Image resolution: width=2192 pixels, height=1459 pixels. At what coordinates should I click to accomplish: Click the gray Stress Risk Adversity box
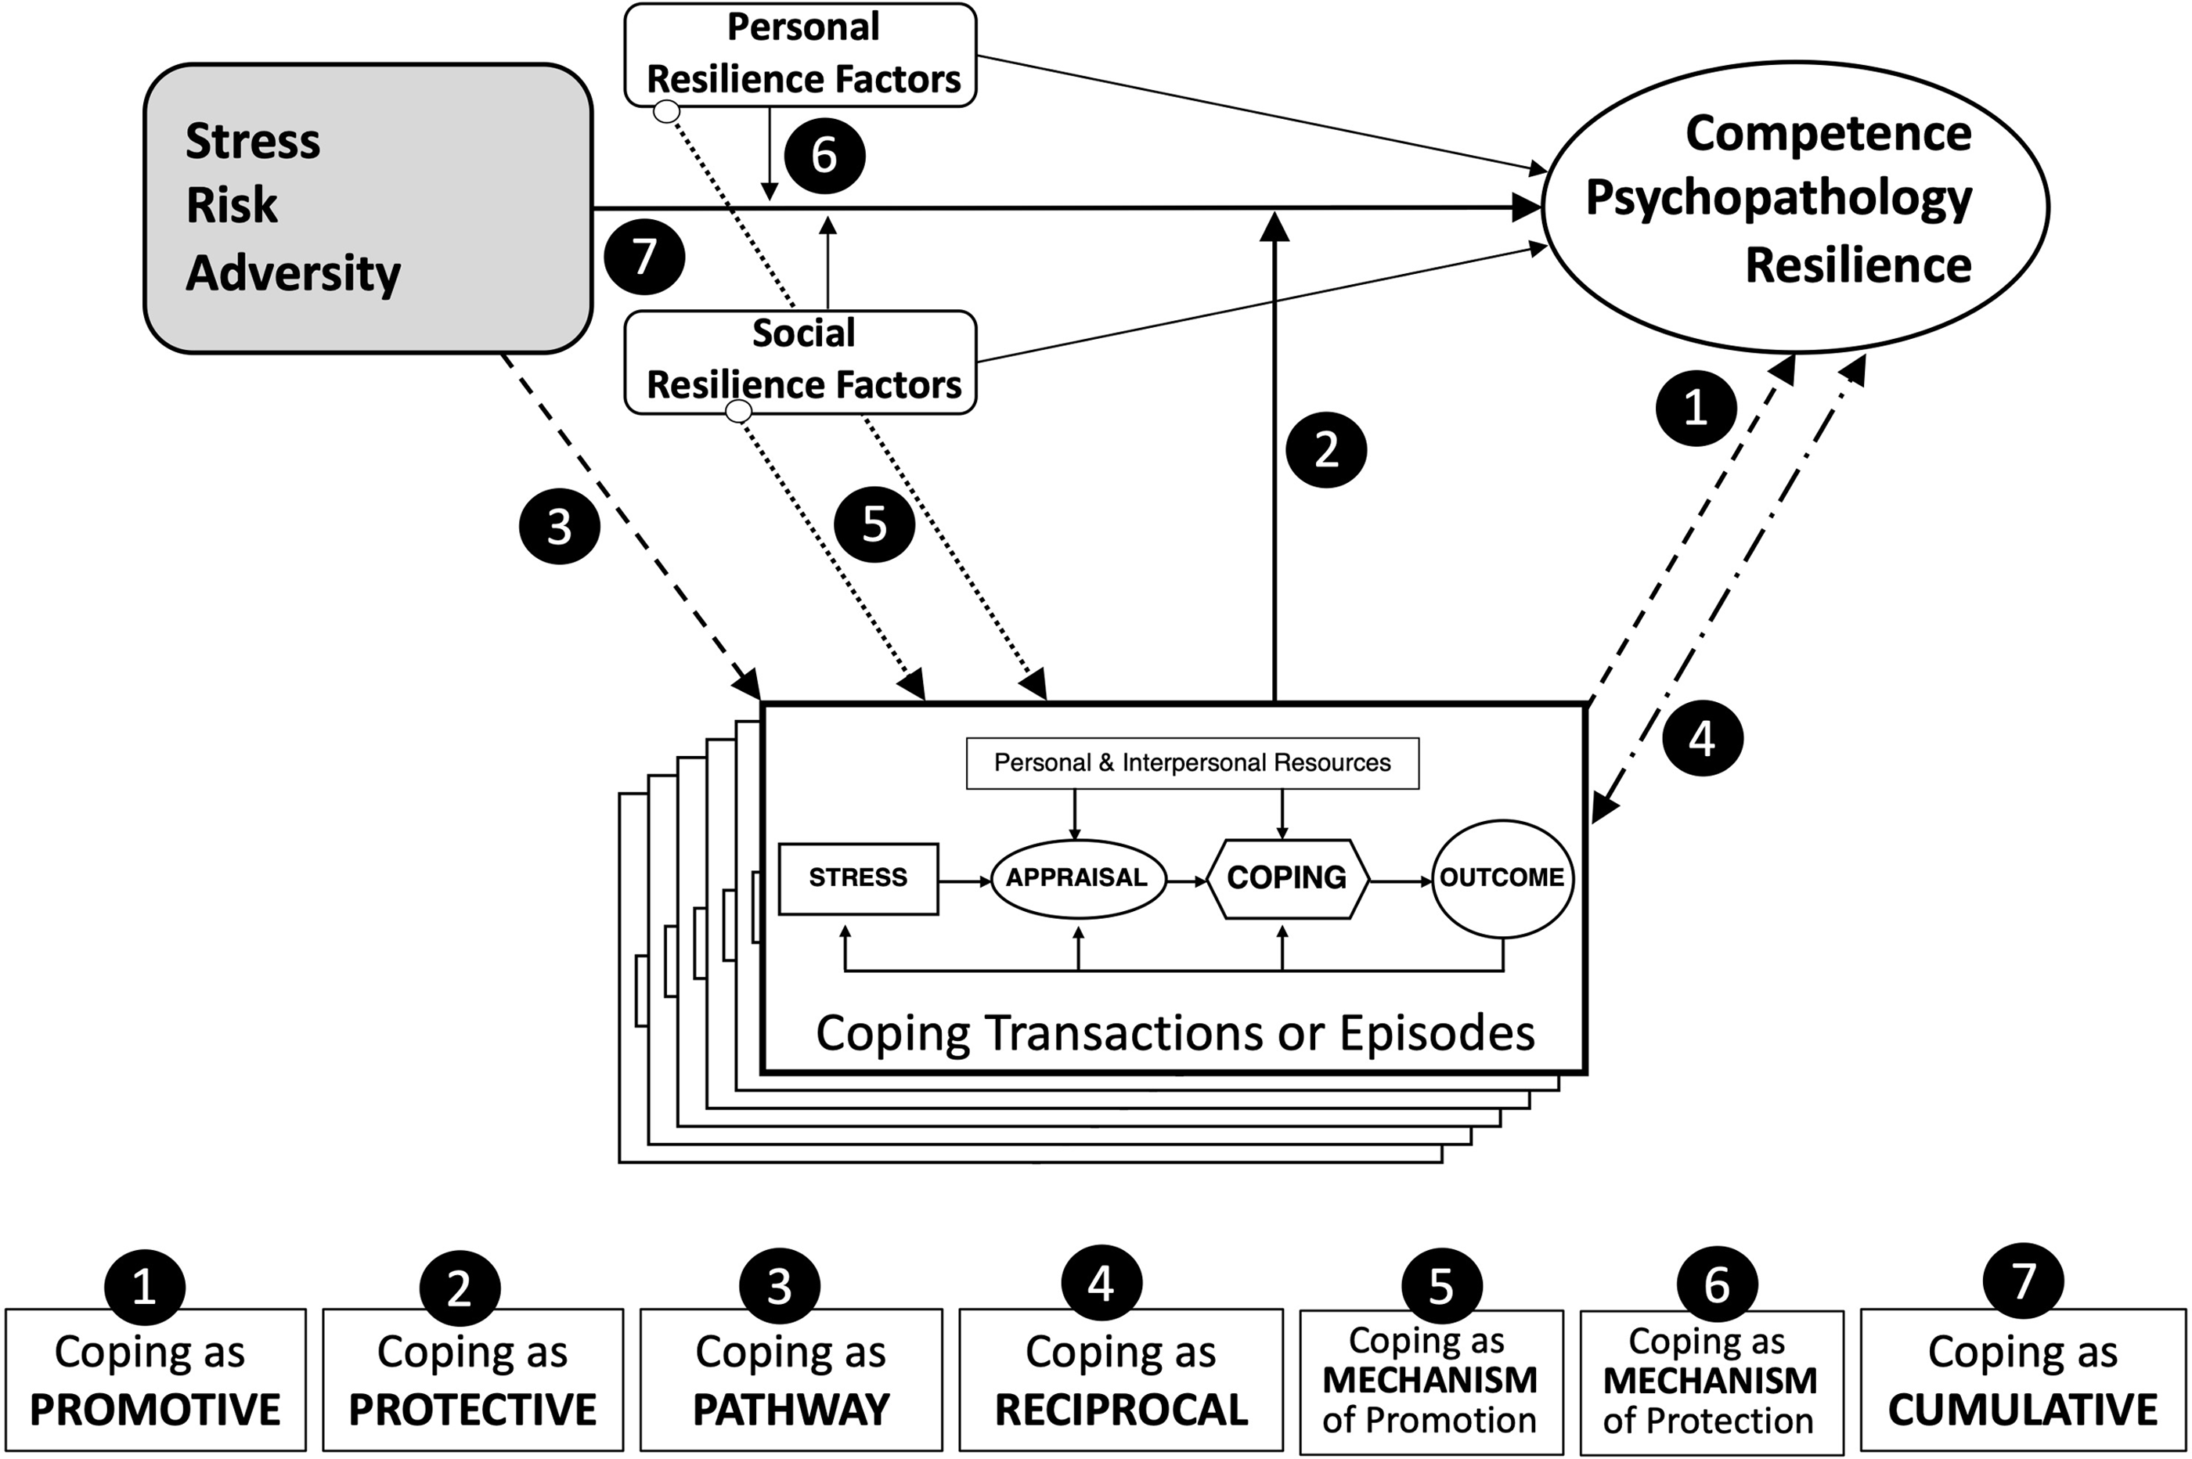(367, 208)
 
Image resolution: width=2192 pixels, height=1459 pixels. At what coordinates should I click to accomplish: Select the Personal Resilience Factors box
(800, 54)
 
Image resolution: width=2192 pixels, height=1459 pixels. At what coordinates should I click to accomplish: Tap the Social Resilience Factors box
(800, 361)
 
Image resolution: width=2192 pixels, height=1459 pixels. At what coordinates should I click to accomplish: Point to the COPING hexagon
(1287, 877)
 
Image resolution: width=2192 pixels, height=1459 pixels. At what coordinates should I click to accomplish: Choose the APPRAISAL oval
(1077, 877)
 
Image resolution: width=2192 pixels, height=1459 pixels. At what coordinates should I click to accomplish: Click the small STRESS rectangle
(858, 877)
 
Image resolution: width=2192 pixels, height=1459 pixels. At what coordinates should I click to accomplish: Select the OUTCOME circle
(1502, 877)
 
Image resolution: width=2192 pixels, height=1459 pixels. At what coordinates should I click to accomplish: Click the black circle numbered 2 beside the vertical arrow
(1326, 449)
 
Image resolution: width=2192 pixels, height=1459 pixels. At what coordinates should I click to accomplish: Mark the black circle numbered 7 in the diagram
(644, 257)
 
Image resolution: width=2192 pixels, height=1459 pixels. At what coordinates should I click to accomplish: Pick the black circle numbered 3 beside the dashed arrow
(558, 527)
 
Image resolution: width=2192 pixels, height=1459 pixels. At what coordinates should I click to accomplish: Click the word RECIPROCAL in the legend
(1121, 1410)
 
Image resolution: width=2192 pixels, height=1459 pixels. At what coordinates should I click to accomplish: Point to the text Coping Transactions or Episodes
(1174, 1033)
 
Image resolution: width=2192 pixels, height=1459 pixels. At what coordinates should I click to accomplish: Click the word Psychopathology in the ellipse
(1778, 198)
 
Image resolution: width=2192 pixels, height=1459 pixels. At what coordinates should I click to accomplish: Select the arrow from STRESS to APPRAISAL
(964, 881)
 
